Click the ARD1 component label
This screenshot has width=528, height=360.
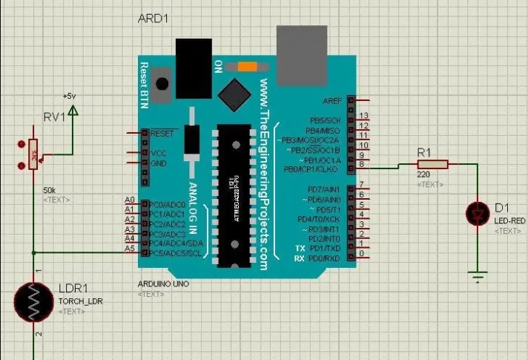click(154, 18)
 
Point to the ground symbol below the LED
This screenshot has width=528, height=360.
click(480, 278)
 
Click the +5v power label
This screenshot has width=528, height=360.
click(69, 96)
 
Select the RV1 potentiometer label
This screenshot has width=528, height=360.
click(53, 117)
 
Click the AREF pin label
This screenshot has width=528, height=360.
click(332, 100)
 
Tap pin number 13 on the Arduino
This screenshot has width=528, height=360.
click(363, 117)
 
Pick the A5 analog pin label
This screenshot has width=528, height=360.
click(130, 249)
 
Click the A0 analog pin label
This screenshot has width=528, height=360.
click(130, 200)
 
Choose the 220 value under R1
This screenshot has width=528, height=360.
click(423, 175)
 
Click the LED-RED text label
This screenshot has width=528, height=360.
click(510, 221)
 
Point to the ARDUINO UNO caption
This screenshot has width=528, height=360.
click(164, 285)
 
